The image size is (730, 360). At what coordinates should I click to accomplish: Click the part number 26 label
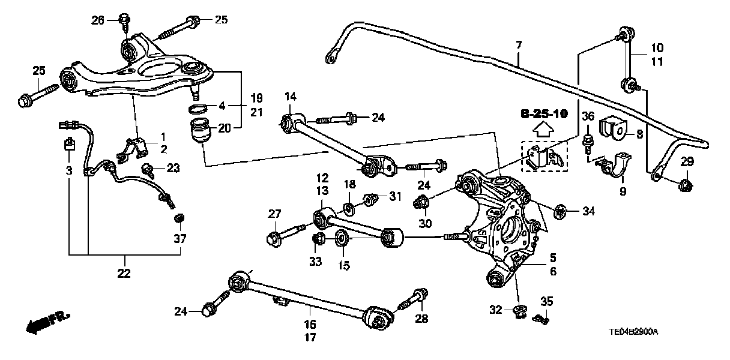point(98,20)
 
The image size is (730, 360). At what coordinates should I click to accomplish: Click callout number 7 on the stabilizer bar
point(519,45)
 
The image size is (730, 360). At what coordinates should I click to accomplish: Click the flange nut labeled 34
point(561,211)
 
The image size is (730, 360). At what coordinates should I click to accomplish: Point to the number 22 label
point(125,274)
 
